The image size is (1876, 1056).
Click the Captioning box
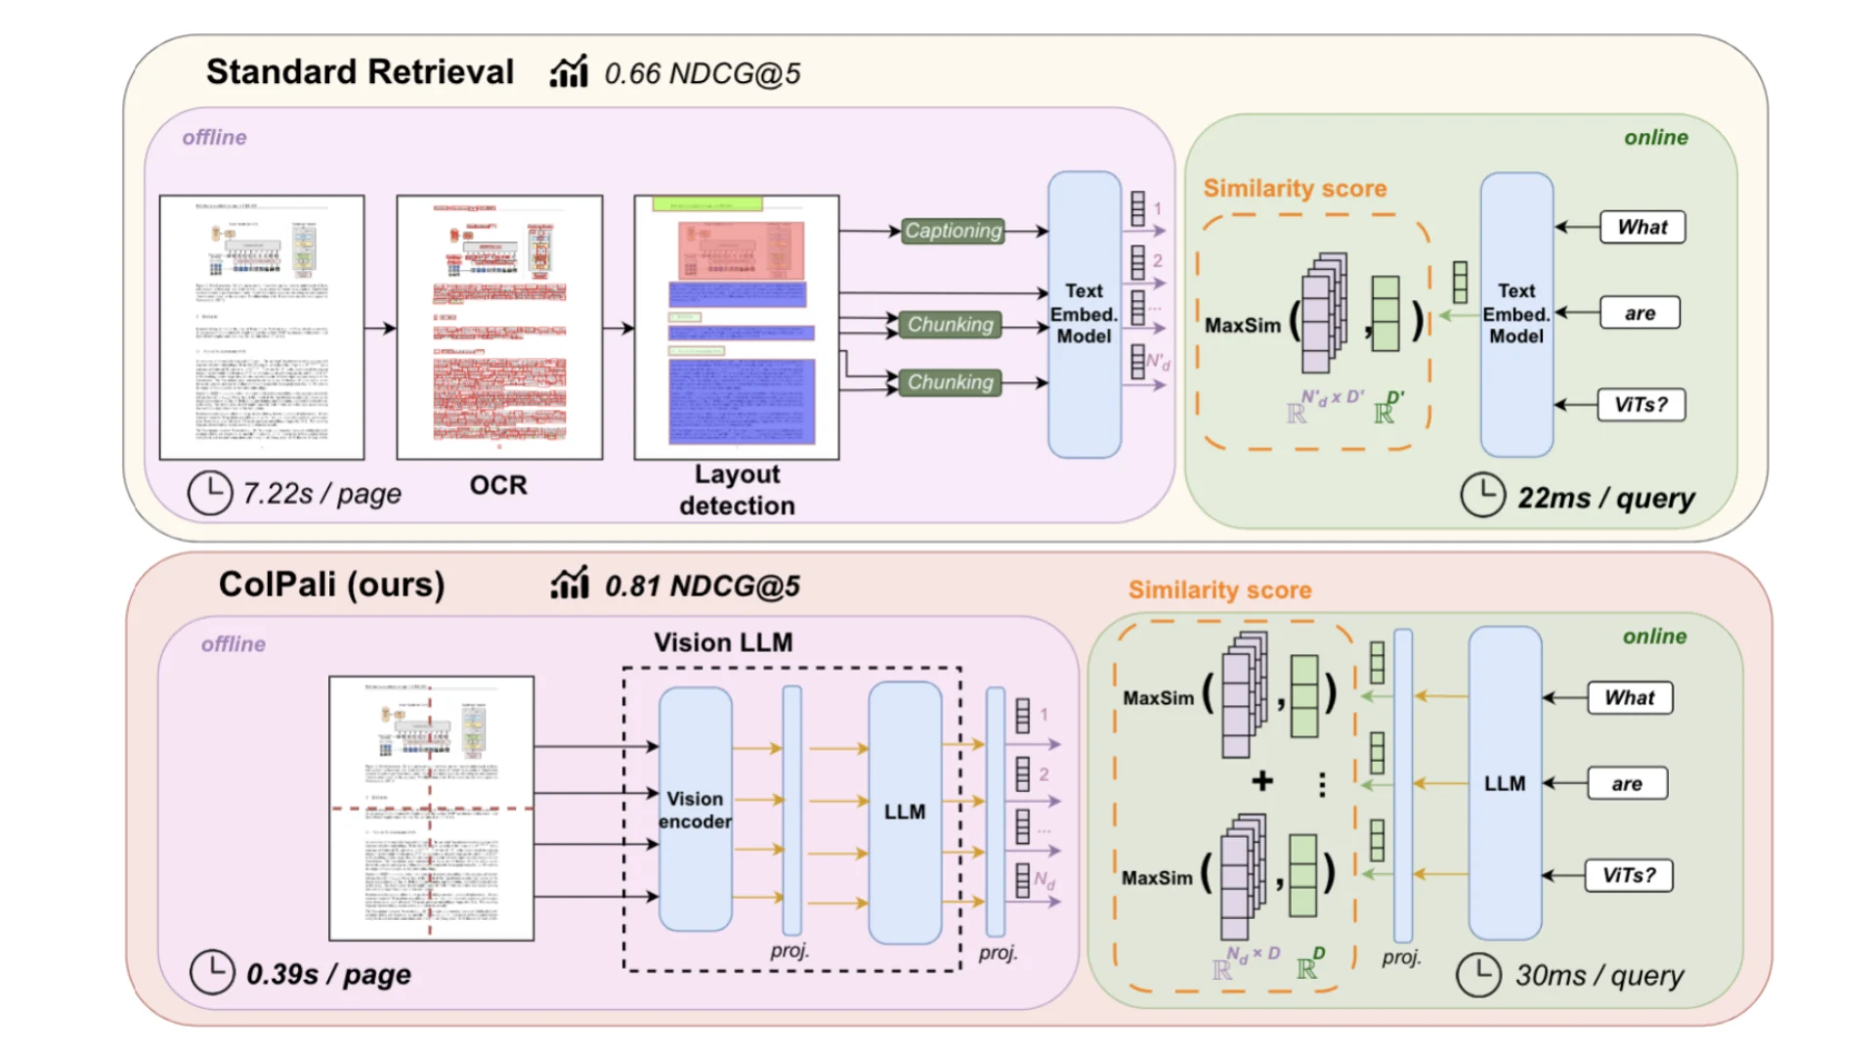(x=952, y=231)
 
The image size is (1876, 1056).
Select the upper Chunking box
(x=949, y=325)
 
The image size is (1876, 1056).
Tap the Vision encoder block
(x=695, y=810)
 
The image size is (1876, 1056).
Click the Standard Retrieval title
(x=360, y=72)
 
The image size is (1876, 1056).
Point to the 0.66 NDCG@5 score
(x=702, y=73)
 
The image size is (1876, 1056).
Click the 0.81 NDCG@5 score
(x=702, y=586)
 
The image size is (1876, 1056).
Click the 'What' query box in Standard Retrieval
(x=1641, y=227)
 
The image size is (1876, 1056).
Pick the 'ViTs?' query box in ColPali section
(x=1628, y=875)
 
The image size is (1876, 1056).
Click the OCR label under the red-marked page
(x=498, y=485)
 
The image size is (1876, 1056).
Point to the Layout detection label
(x=737, y=490)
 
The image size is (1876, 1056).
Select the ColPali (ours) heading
(x=331, y=584)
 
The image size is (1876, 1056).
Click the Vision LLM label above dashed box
(x=723, y=642)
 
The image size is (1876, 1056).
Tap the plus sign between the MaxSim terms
(x=1262, y=780)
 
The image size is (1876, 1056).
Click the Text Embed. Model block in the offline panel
(x=1084, y=314)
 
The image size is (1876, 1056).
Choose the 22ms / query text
(x=1605, y=498)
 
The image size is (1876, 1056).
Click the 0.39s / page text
(x=328, y=974)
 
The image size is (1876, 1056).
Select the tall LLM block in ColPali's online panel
(x=1504, y=783)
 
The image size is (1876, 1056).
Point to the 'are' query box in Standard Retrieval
(x=1640, y=313)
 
